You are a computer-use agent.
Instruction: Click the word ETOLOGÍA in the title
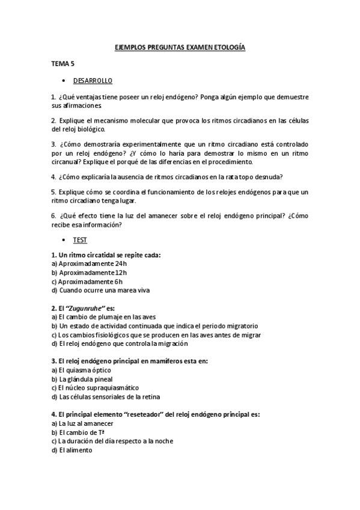227,48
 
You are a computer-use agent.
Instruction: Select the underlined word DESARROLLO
93,80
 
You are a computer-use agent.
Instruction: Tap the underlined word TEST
80,240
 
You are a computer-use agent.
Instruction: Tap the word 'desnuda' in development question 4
269,176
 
